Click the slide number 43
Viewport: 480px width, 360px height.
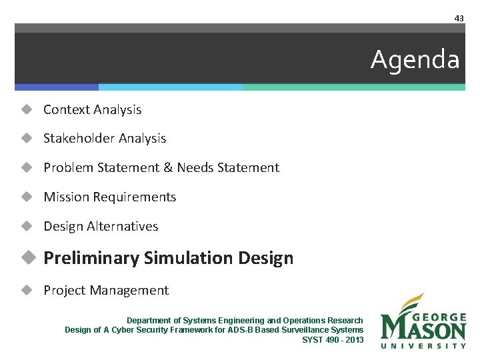[x=459, y=18]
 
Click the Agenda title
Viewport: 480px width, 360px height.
[x=415, y=60]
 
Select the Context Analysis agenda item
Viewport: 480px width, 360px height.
[x=92, y=109]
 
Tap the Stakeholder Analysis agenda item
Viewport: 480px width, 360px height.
[x=105, y=139]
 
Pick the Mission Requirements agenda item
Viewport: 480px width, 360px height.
[x=109, y=197]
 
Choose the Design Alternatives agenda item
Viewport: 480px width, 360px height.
[x=101, y=227]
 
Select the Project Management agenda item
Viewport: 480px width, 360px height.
[x=106, y=291]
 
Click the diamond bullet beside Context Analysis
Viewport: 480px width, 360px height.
[x=27, y=109]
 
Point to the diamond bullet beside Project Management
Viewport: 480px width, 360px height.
[x=27, y=291]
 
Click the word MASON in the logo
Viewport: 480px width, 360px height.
[x=423, y=329]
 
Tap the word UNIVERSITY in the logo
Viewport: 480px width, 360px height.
[x=423, y=345]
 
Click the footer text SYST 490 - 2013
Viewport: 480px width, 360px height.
[x=333, y=340]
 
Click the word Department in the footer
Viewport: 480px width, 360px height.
[x=148, y=321]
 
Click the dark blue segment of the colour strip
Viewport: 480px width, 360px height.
[x=57, y=87]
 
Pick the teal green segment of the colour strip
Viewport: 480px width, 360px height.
[x=353, y=87]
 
